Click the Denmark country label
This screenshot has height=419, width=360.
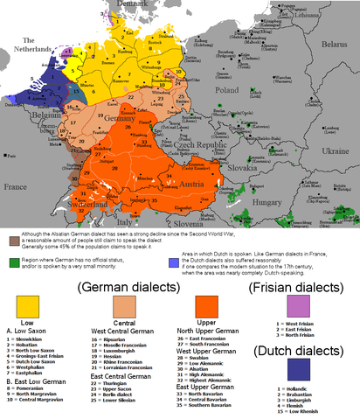click(124, 3)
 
